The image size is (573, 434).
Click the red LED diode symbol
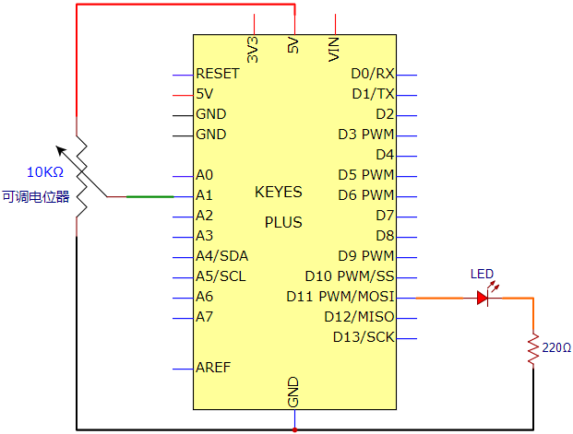pos(483,299)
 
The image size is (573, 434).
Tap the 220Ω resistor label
pos(556,347)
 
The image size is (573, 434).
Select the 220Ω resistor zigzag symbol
pos(533,348)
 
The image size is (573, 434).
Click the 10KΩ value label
pos(45,172)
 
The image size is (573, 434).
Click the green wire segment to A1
pos(149,197)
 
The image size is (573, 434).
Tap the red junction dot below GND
pos(294,430)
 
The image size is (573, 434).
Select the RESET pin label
pos(218,74)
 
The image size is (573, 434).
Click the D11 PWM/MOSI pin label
pos(340,297)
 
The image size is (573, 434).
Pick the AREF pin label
pos(213,368)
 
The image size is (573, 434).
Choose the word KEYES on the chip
pos(279,192)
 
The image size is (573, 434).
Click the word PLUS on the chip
pos(283,222)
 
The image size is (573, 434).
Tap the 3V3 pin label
pos(253,49)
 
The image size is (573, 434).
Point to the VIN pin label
pos(334,49)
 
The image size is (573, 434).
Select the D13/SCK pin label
pos(364,337)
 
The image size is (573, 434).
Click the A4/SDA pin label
pos(221,256)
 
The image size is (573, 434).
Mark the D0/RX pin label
pos(373,74)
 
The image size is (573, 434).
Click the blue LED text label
pos(482,274)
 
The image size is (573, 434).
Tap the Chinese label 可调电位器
pos(36,197)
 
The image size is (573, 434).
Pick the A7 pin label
pos(204,316)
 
